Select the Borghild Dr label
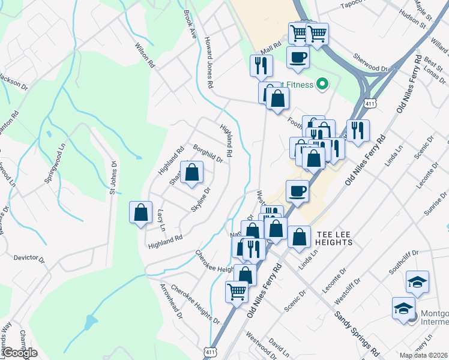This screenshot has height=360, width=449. [208, 154]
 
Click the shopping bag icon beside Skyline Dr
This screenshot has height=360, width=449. [191, 173]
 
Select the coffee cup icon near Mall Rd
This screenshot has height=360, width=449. [298, 58]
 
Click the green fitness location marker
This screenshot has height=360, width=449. [322, 85]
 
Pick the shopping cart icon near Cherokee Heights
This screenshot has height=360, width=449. [237, 292]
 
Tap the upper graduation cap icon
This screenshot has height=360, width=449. [417, 281]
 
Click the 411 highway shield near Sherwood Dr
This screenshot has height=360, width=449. [373, 104]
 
